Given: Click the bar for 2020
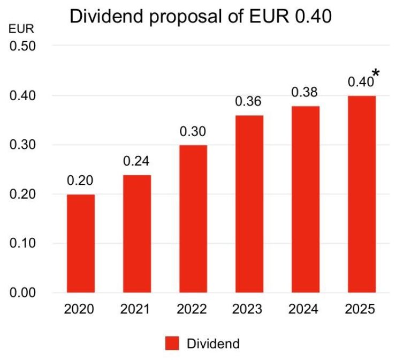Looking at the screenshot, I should point(81,243).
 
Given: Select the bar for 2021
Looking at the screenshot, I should point(137,234).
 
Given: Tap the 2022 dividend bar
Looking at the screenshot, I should point(193,219).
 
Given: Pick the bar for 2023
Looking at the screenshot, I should point(249,204).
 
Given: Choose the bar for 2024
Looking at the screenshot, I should point(305,199).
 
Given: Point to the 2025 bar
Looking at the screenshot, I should point(361,194).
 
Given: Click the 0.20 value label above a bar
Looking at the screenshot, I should point(81,181).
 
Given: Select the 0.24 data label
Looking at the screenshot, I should point(137,161).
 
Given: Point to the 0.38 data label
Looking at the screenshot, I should point(305,92).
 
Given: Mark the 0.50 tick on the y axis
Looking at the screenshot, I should point(23,46).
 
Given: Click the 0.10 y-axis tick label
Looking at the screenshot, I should point(23,243).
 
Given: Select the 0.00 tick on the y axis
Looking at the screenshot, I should point(23,292).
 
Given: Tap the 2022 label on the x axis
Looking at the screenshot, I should point(193,310).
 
